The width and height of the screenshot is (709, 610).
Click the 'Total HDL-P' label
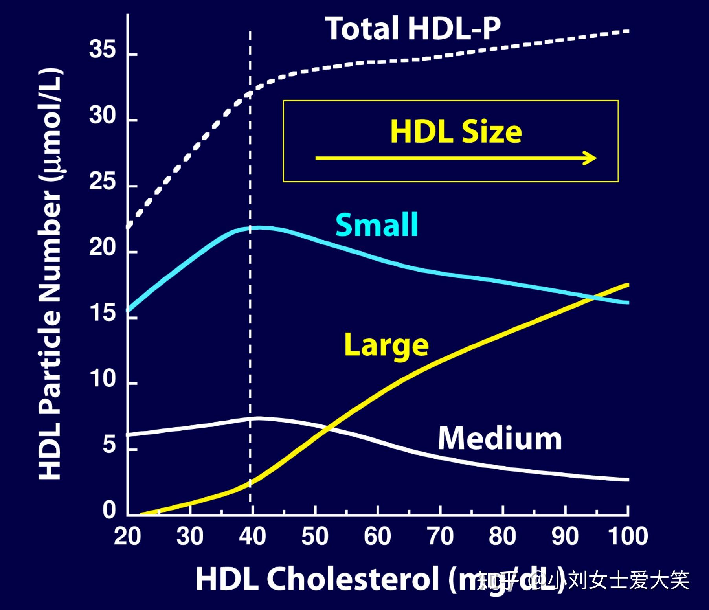(x=413, y=28)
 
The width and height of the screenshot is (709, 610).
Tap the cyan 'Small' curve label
(x=377, y=225)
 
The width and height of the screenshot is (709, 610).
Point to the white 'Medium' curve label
(x=500, y=439)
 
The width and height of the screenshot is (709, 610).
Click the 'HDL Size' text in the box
(x=456, y=132)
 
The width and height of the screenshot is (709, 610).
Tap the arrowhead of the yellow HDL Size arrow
(x=591, y=158)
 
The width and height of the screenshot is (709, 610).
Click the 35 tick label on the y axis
(x=102, y=50)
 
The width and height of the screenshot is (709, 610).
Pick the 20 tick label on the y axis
(x=102, y=248)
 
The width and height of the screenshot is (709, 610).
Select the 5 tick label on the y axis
(x=109, y=445)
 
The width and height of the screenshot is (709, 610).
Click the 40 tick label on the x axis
(x=252, y=536)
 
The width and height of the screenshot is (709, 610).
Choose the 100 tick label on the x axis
(x=628, y=536)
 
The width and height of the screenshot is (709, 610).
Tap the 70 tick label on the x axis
(x=440, y=536)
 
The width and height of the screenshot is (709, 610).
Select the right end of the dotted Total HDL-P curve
(x=628, y=31)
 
